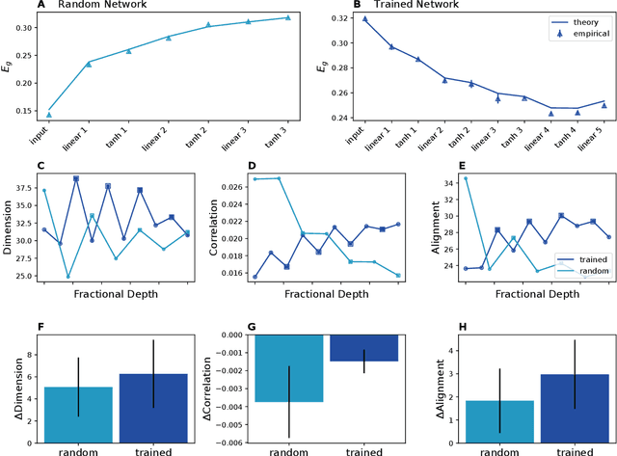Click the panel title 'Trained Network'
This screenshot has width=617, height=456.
point(401,6)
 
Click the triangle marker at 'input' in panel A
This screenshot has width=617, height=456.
point(49,115)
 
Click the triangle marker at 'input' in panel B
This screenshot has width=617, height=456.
point(364,18)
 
